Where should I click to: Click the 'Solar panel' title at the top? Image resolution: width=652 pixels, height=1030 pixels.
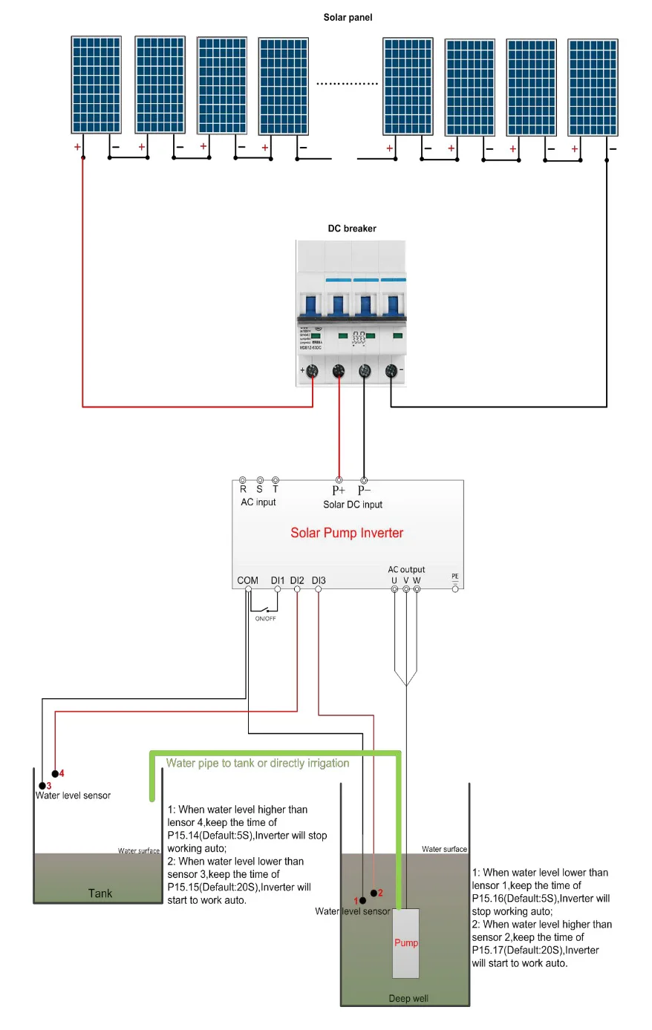(x=348, y=17)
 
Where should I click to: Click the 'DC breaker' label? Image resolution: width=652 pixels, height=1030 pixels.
(x=352, y=229)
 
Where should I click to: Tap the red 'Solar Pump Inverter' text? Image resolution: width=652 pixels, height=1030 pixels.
(x=347, y=533)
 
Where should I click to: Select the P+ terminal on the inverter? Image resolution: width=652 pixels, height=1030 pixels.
(x=339, y=481)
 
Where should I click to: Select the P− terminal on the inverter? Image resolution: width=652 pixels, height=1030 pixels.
(x=364, y=481)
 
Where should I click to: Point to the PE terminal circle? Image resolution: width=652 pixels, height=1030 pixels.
(x=455, y=588)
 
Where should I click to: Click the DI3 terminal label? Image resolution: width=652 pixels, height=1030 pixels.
(x=319, y=580)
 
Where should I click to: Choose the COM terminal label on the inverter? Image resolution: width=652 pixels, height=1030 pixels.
(x=248, y=580)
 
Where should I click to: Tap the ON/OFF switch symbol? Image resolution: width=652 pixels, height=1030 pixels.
(x=265, y=610)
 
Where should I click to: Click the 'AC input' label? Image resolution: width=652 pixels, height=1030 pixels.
(x=258, y=502)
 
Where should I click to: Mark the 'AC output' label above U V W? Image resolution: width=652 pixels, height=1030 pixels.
(x=406, y=569)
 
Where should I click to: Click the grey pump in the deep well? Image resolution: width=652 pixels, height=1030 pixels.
(x=405, y=942)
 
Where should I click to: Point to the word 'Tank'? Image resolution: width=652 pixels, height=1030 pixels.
(x=100, y=893)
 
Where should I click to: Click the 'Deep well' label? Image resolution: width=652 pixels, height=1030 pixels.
(x=408, y=998)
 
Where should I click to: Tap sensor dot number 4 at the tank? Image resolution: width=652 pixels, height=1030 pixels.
(x=55, y=774)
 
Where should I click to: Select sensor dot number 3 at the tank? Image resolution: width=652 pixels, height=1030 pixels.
(x=42, y=785)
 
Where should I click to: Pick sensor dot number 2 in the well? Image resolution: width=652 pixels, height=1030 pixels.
(x=374, y=893)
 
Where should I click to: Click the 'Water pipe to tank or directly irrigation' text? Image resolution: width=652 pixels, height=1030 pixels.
(x=258, y=763)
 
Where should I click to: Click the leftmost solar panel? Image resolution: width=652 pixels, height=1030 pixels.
(x=97, y=85)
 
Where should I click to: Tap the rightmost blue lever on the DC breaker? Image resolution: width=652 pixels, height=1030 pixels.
(x=392, y=305)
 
